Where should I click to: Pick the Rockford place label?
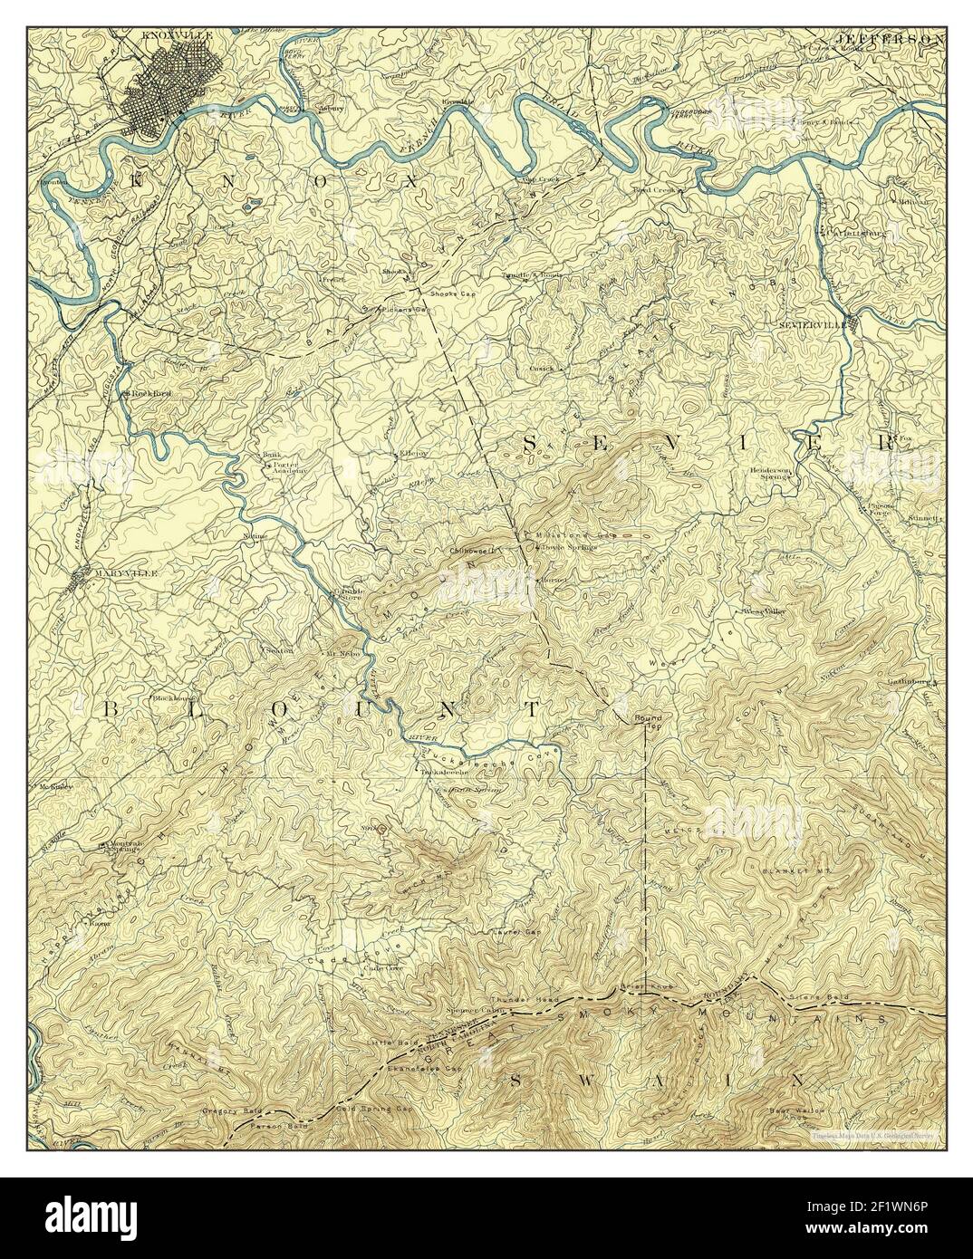coord(150,394)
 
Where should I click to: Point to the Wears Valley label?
coord(765,611)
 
